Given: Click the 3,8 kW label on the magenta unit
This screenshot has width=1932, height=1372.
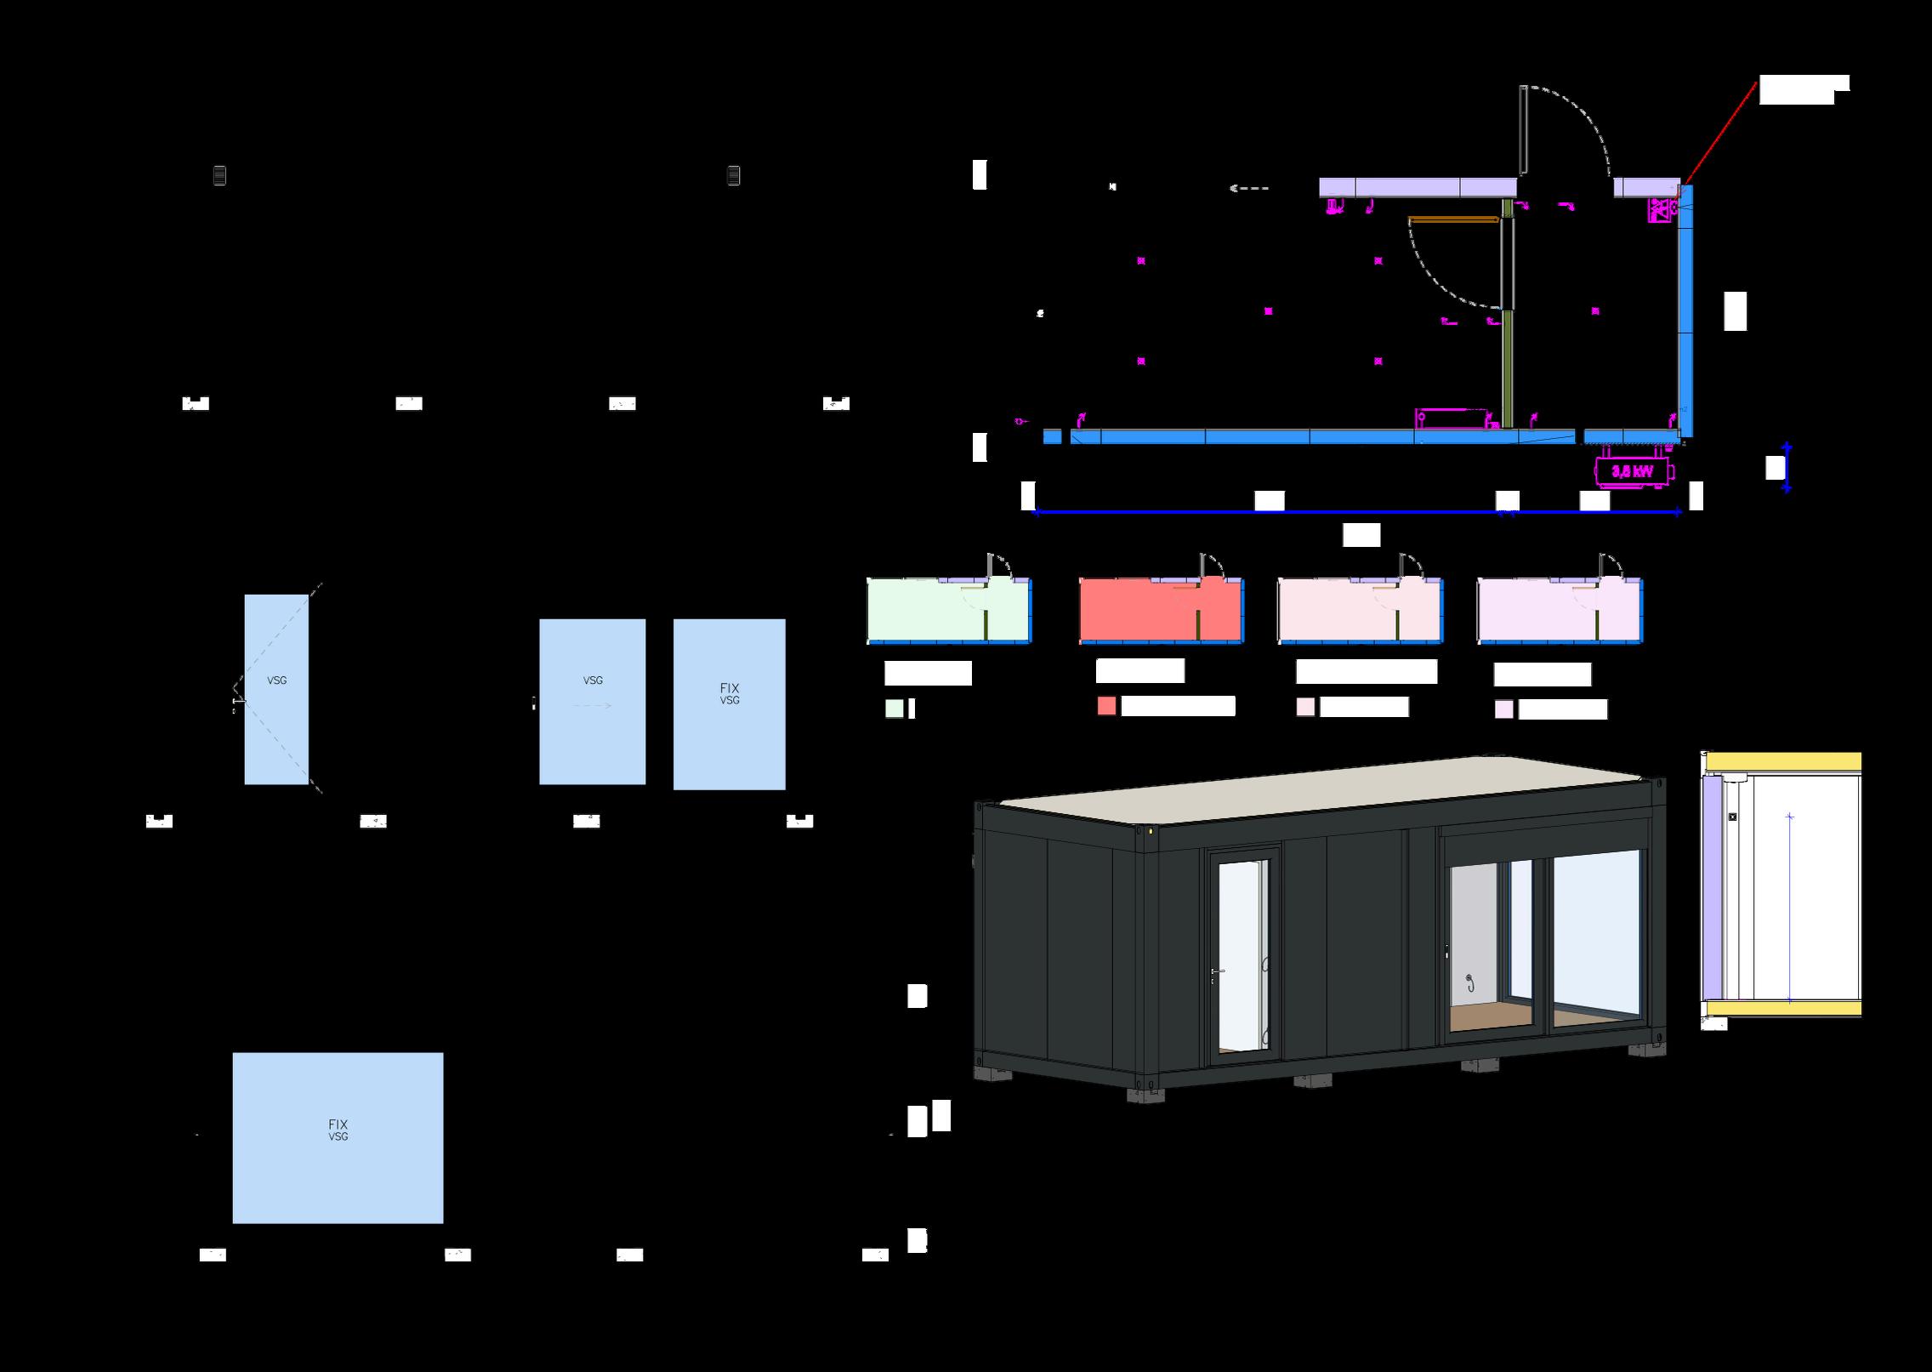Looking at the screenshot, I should tap(1632, 471).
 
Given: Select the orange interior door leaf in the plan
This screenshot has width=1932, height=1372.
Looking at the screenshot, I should tap(1453, 219).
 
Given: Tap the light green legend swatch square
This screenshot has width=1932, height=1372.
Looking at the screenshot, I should tap(894, 709).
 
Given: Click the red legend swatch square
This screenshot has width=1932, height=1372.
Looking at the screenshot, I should tap(1106, 706).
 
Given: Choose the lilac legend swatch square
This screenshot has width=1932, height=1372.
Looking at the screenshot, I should tap(1503, 709).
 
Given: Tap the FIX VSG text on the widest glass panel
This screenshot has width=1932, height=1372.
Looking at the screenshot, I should tap(338, 1130).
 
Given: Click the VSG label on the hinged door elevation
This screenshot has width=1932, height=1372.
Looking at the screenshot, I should tap(276, 680).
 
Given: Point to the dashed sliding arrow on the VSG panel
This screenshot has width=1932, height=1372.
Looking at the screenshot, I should tap(593, 705).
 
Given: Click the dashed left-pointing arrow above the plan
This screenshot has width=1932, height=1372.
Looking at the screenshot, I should tap(1249, 189).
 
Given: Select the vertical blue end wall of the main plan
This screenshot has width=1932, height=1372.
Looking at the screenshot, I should tap(1685, 310).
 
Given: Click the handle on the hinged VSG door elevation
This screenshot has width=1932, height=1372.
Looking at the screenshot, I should tap(239, 701).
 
